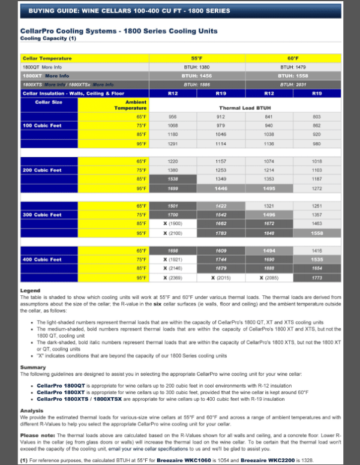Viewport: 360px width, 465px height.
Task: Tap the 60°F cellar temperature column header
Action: (293, 58)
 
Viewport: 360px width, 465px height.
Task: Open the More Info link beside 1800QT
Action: (52, 67)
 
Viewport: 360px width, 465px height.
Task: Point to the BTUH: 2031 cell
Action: (293, 85)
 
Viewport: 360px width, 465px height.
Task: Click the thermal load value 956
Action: (173, 116)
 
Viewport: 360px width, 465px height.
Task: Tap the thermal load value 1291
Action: (173, 144)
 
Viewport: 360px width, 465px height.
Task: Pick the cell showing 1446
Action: (221, 188)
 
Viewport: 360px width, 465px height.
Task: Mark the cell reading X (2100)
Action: (173, 233)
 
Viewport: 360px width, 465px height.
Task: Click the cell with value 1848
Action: (269, 233)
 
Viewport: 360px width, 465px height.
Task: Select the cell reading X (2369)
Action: (173, 278)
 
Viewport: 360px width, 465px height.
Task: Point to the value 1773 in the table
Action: (317, 278)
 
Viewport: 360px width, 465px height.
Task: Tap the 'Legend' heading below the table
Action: (30, 290)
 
